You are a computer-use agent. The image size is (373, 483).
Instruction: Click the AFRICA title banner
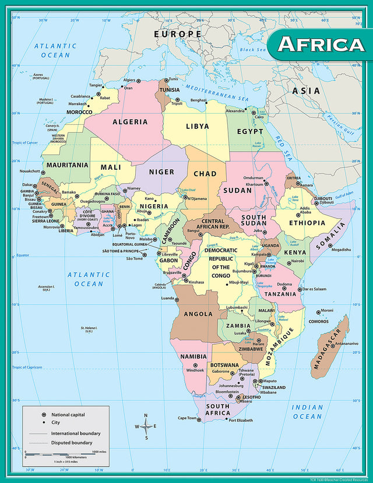[x=320, y=44]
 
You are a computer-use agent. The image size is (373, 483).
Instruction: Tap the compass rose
[x=146, y=426]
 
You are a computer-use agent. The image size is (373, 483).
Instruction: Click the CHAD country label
[x=205, y=173]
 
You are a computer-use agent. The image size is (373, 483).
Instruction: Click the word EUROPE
[x=177, y=34]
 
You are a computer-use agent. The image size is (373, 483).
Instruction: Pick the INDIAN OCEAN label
[x=307, y=412]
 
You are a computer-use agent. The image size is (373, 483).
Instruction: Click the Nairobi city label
[x=297, y=261]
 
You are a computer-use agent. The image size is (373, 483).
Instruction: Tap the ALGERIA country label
[x=130, y=122]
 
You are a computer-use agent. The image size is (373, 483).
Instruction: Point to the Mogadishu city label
[x=341, y=250]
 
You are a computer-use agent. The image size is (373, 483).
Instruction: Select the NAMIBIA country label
[x=193, y=356]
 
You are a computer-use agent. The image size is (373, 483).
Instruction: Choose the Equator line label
[x=22, y=255]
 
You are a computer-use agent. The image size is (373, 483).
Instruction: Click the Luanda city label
[x=167, y=298]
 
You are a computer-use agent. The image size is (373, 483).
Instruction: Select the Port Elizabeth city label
[x=240, y=420]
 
